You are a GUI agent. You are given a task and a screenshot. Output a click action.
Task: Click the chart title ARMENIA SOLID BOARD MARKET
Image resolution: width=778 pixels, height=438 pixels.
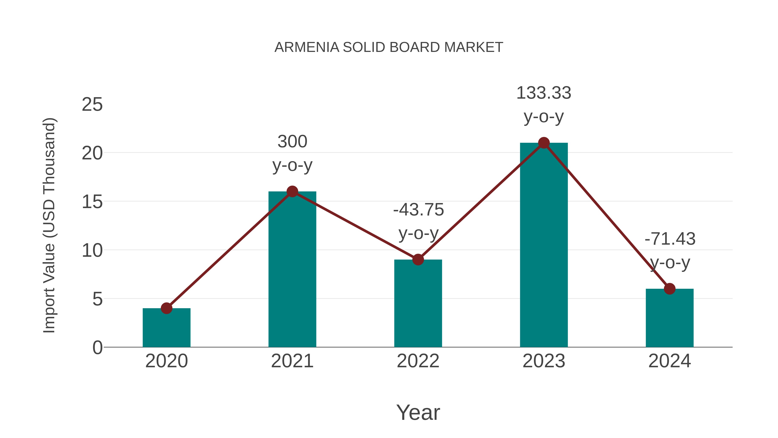388,47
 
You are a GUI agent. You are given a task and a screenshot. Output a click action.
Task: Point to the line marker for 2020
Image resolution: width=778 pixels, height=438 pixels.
166,308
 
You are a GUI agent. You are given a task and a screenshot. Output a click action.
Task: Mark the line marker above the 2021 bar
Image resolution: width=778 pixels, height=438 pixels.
292,191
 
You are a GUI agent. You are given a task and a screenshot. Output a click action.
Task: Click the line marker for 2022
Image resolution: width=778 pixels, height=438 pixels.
418,259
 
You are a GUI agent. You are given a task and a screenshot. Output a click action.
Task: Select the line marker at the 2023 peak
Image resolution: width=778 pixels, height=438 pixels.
544,143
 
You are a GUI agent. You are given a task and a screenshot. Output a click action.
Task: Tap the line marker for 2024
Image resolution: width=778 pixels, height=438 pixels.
669,289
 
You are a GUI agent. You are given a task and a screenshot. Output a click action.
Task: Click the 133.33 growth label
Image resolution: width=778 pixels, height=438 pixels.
544,93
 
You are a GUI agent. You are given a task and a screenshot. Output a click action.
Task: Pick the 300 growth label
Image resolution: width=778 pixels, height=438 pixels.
292,141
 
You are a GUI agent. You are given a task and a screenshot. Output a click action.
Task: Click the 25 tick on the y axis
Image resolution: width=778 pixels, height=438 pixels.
92,105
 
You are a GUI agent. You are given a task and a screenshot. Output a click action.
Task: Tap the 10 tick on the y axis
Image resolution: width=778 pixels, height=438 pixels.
92,251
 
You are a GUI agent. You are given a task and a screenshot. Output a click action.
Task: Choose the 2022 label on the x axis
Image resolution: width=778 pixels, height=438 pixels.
418,361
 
